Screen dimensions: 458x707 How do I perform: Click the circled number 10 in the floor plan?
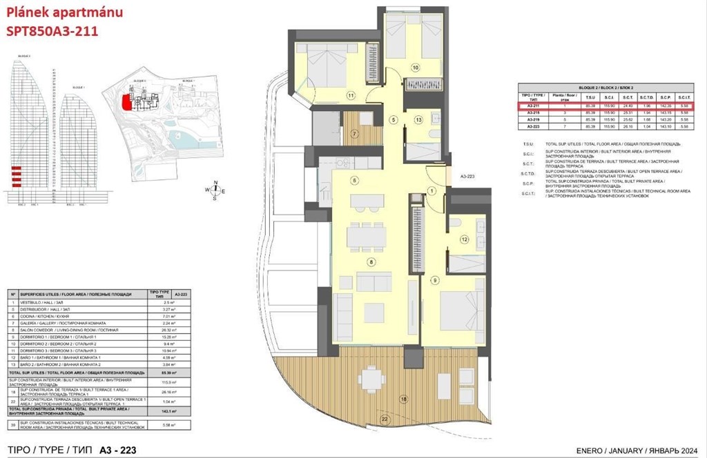pyautogui.click(x=416, y=68)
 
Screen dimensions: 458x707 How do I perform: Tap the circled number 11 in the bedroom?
pyautogui.click(x=351, y=95)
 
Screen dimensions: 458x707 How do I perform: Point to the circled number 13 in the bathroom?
pyautogui.click(x=418, y=119)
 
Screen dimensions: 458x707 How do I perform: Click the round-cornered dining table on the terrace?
pyautogui.click(x=371, y=378)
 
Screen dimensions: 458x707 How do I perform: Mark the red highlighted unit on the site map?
pyautogui.click(x=126, y=103)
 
